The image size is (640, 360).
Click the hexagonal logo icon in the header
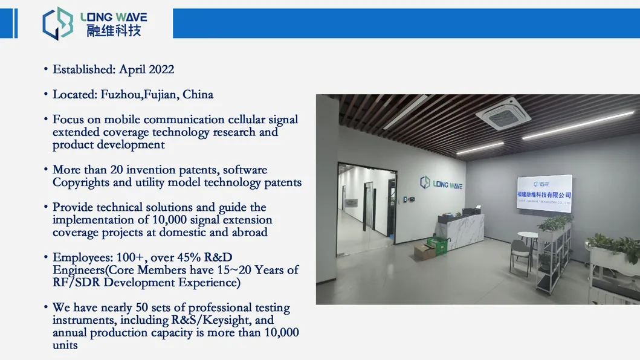tap(58, 24)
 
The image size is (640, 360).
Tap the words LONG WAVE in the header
tap(114, 17)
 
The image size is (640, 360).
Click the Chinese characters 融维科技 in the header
tap(114, 30)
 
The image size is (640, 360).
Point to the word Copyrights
tap(80, 182)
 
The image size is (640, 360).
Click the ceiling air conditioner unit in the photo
tap(503, 114)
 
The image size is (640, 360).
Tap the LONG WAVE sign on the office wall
tap(441, 183)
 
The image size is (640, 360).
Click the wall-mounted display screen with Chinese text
tap(544, 193)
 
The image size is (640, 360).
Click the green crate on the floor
tap(438, 244)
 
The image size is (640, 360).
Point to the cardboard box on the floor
tap(424, 251)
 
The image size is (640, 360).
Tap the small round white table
tap(528, 236)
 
